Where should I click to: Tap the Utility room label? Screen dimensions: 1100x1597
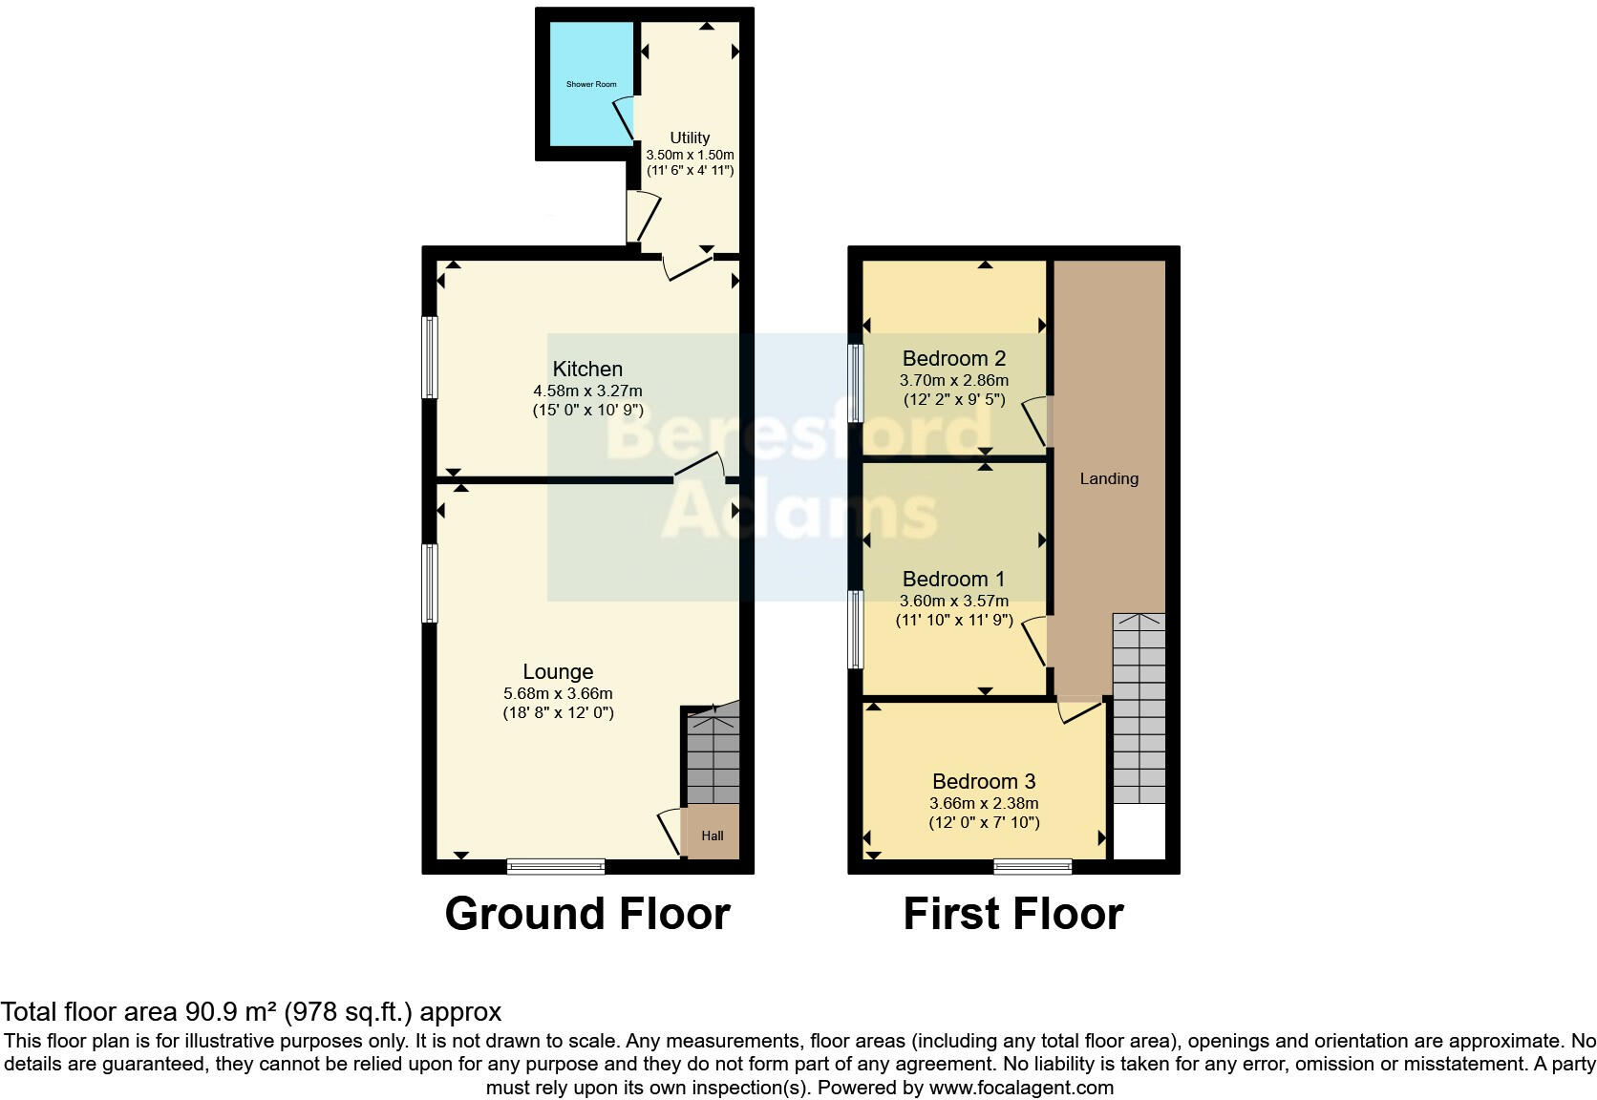690,137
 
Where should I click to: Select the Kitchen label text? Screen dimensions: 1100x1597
587,369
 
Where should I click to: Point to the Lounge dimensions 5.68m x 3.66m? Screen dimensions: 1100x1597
558,694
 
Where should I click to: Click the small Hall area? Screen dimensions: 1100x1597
713,836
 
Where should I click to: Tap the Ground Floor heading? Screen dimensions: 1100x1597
587,914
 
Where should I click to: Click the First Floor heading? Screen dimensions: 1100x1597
1012,914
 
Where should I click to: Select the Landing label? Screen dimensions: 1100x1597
1109,478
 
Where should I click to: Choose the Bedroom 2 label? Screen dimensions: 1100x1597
953,359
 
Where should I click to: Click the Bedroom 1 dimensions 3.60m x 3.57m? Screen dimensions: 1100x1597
953,602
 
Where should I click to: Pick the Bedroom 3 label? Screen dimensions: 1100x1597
984,781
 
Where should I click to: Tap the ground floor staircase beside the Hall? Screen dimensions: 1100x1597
713,759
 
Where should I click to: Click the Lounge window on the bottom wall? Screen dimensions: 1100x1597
556,866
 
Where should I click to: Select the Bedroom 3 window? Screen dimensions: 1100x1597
1033,866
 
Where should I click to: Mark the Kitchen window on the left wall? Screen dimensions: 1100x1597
430,357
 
